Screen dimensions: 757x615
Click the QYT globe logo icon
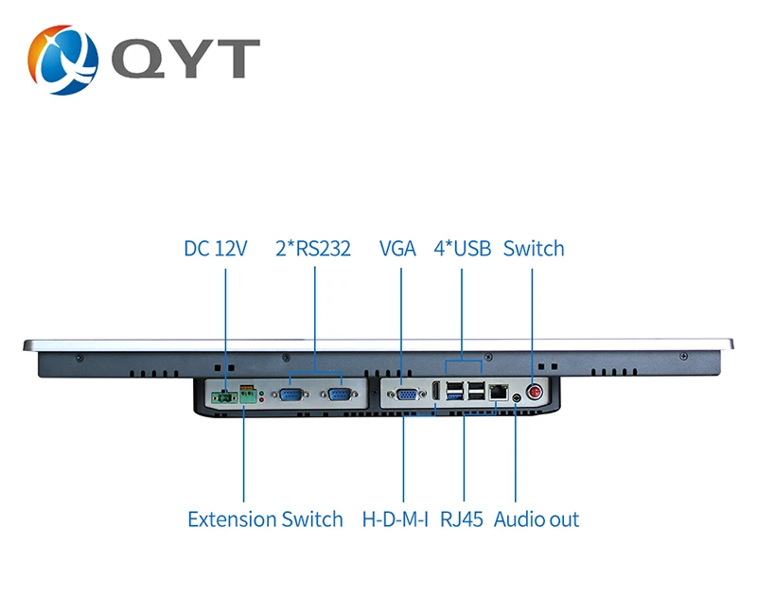click(x=62, y=60)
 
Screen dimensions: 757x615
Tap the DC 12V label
click(x=216, y=249)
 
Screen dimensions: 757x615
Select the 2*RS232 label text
click(x=313, y=249)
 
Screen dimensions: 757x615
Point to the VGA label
click(x=397, y=249)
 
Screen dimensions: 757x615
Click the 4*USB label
click(x=462, y=249)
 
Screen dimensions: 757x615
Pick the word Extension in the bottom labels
click(x=232, y=519)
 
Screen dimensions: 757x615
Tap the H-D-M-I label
click(x=395, y=519)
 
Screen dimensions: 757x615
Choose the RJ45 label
click(x=462, y=519)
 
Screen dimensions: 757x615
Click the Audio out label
click(x=537, y=519)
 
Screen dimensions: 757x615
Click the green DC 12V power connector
click(x=223, y=397)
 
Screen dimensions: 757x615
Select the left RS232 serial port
click(x=291, y=395)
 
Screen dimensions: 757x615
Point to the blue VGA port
click(x=407, y=395)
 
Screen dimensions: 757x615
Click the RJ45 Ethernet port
click(x=499, y=392)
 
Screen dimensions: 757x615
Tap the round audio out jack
click(x=517, y=398)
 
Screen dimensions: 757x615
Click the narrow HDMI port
click(x=435, y=391)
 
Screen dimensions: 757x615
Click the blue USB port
click(x=455, y=395)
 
